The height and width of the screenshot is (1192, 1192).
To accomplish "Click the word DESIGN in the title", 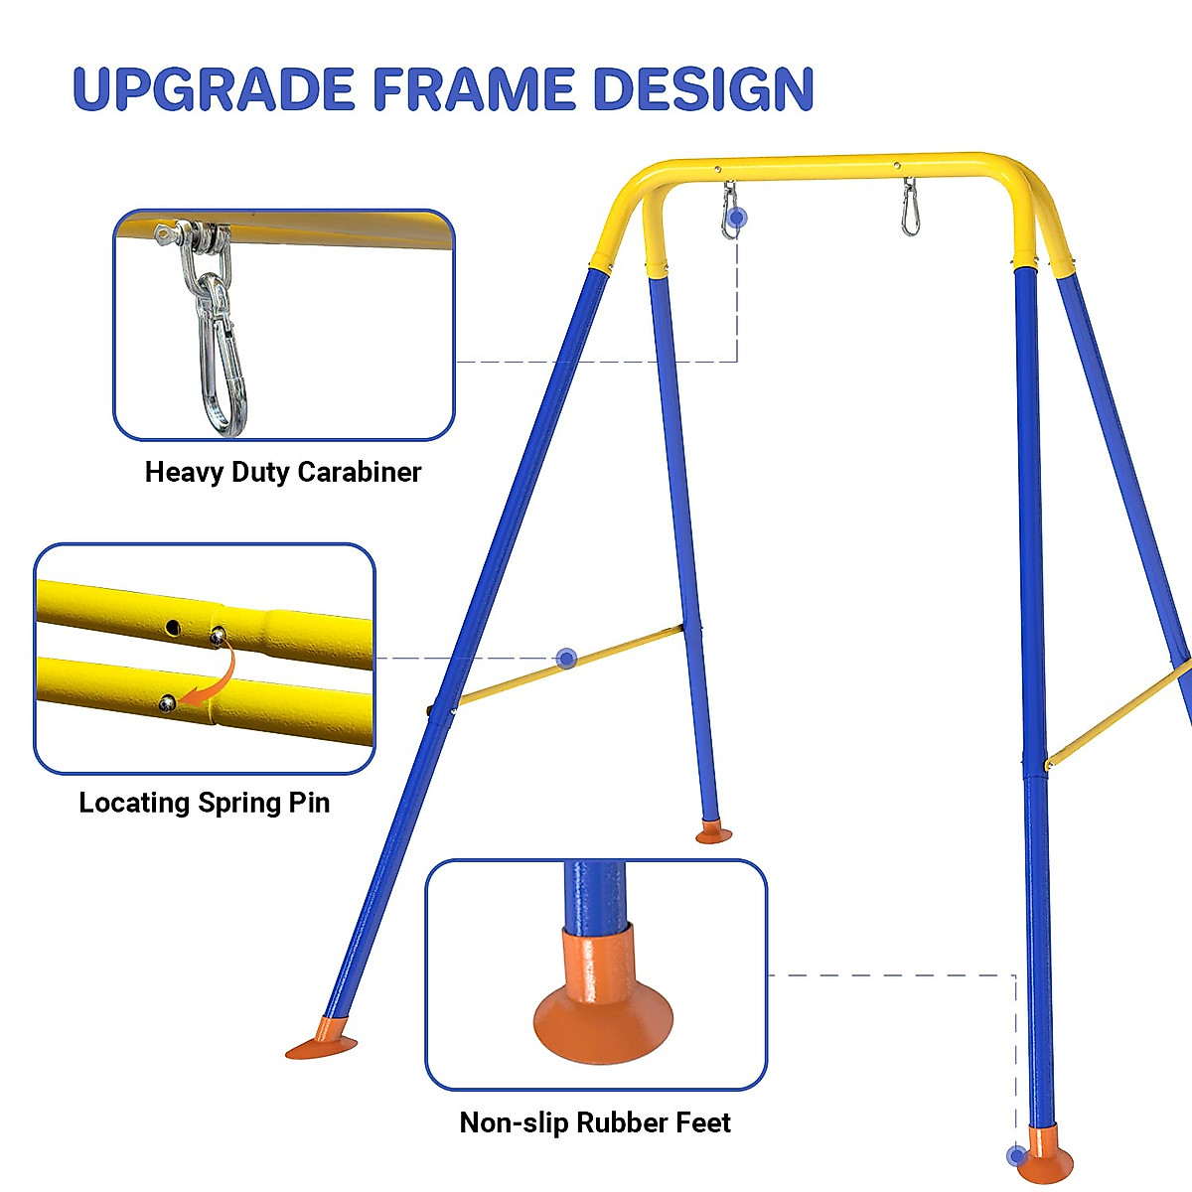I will point(703,89).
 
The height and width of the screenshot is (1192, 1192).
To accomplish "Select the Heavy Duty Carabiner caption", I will point(283,472).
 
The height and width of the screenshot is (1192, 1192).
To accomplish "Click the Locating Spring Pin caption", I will point(204,803).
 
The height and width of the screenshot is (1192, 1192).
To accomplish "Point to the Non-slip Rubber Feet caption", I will point(595,1122).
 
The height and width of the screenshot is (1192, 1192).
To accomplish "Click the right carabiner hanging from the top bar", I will point(910,209).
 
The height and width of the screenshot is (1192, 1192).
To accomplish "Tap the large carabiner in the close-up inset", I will point(222,358).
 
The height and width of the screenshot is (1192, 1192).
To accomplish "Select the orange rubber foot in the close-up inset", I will point(602,1003).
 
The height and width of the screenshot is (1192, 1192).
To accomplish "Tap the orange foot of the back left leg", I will point(713,832).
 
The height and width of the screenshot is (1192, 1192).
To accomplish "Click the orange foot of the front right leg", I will point(1045,1157).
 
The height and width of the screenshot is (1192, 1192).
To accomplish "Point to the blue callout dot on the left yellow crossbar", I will point(566,658).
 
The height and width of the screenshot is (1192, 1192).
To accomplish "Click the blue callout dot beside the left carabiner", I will point(736,218).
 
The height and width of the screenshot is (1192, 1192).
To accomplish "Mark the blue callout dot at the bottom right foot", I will point(1015,1155).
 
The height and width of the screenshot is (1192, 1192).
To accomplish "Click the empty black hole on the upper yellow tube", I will point(173,627).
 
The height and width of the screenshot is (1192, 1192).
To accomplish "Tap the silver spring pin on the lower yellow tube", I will point(168,703).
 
